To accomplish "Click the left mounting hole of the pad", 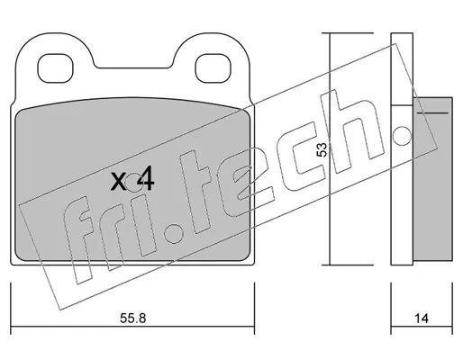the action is [x=55, y=68].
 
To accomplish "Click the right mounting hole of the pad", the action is [x=213, y=68].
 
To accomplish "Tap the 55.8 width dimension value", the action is [x=132, y=318].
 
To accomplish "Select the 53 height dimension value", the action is [x=322, y=149].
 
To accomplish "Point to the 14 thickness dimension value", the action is [x=422, y=318].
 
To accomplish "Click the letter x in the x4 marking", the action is [x=119, y=182].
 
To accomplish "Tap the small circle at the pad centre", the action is [x=134, y=183].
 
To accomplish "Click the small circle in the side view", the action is [x=402, y=136].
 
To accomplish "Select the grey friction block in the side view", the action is [x=432, y=178].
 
